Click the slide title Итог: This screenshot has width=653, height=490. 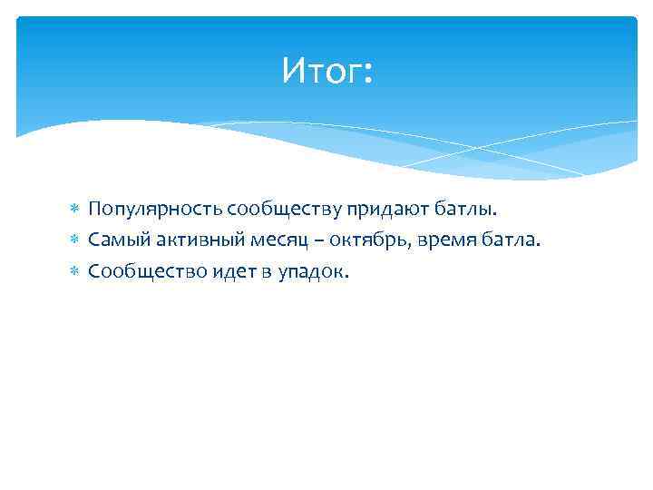click(x=326, y=70)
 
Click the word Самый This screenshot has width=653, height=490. click(x=114, y=240)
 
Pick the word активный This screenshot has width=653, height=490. click(x=185, y=240)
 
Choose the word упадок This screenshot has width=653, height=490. click(x=313, y=271)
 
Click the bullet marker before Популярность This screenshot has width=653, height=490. click(x=76, y=211)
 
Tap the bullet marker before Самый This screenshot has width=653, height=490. click(x=76, y=241)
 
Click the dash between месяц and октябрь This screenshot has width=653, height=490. click(x=302, y=241)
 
